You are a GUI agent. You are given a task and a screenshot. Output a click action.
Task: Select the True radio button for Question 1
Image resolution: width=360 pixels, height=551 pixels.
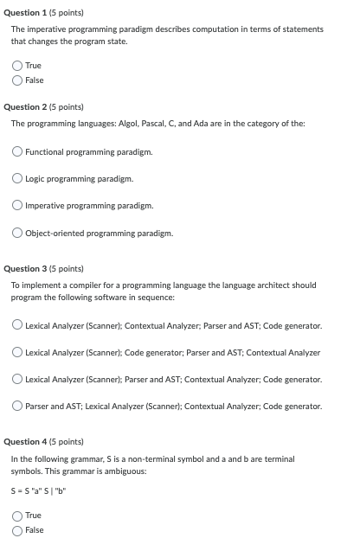tap(17, 66)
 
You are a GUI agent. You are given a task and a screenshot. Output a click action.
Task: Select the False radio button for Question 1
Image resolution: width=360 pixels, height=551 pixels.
tap(17, 80)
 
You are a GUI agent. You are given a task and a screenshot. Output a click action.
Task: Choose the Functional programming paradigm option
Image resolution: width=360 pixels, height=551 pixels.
tap(17, 152)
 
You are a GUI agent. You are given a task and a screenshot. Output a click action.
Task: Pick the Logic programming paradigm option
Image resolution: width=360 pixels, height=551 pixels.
tap(17, 179)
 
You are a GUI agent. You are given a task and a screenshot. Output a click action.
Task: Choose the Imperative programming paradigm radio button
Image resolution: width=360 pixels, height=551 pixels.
tap(17, 206)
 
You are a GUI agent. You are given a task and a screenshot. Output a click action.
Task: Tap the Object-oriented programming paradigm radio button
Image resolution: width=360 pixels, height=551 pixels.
tap(17, 233)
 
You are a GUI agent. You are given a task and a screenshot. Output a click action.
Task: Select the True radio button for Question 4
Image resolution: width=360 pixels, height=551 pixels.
tap(17, 516)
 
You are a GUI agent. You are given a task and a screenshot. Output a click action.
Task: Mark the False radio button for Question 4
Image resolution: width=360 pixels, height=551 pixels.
tap(17, 530)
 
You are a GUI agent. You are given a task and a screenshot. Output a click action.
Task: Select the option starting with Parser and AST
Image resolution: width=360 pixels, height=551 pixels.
tap(17, 406)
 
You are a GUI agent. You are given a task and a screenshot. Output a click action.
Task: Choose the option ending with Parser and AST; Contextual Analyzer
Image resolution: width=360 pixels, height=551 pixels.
tap(17, 352)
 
